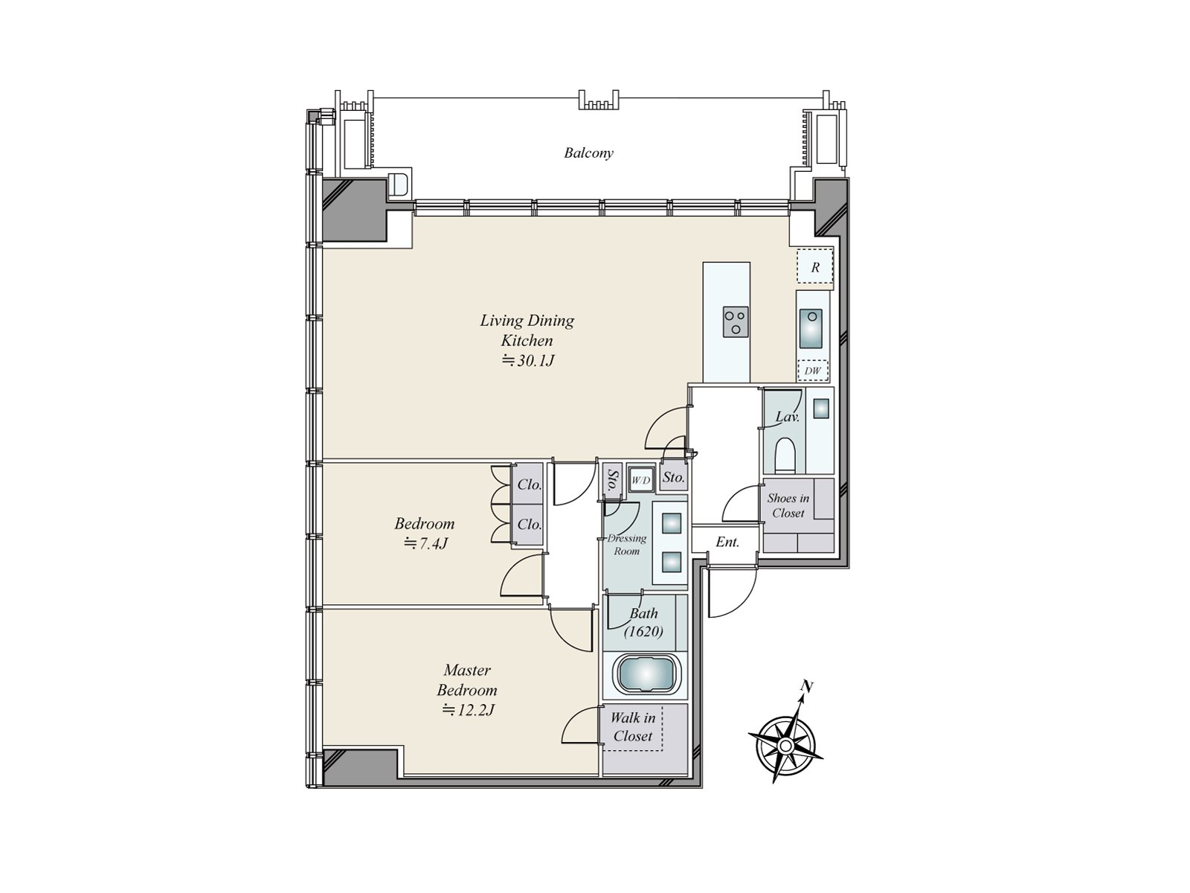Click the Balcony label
[x=588, y=153]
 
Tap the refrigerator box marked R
[x=814, y=266]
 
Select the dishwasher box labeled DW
[x=812, y=371]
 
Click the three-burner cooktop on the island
[x=736, y=322]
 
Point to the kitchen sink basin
[x=811, y=329]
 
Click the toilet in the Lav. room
[x=785, y=455]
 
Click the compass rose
[x=785, y=746]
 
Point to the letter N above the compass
[x=806, y=688]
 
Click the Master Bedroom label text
[x=467, y=680]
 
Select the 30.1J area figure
[x=528, y=361]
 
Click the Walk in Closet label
[x=633, y=727]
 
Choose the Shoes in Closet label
[x=788, y=505]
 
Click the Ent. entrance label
[x=727, y=542]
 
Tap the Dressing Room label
[x=627, y=545]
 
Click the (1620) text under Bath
[x=643, y=632]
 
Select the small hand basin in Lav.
[x=821, y=409]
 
